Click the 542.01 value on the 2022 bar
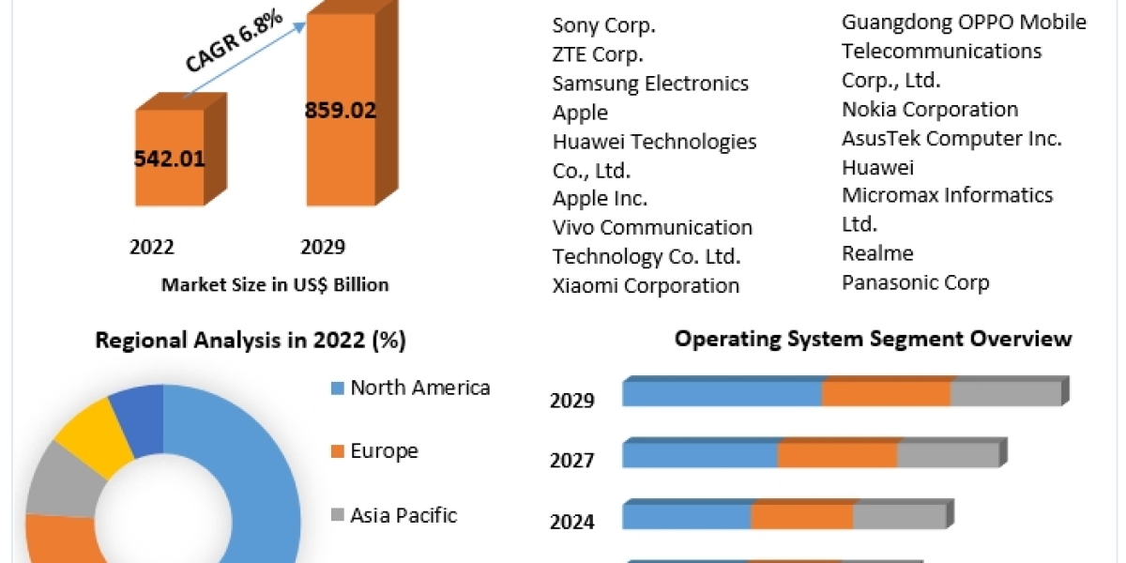(170, 158)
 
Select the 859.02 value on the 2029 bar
(340, 110)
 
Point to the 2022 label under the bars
(152, 247)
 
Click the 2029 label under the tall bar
(323, 247)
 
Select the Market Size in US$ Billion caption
(275, 284)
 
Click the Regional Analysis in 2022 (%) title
(251, 341)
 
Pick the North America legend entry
(419, 388)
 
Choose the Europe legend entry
(384, 450)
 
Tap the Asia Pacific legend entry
(403, 514)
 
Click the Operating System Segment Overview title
(873, 339)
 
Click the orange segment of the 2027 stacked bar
(837, 455)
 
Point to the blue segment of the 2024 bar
(686, 516)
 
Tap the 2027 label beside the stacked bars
(572, 461)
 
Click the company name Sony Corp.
(604, 25)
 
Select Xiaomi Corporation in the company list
(646, 285)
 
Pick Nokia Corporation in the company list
(930, 110)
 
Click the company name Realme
(877, 253)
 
